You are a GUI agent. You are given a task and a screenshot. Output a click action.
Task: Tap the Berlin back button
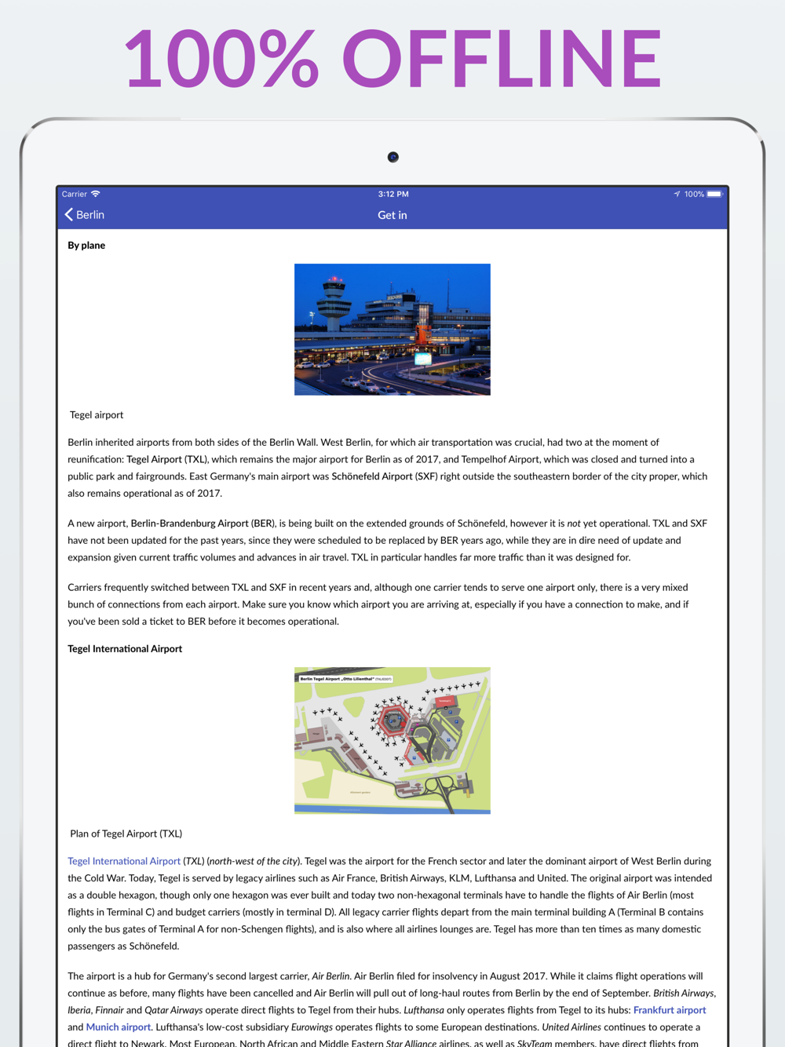click(85, 215)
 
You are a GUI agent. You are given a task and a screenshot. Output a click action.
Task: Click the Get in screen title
click(392, 215)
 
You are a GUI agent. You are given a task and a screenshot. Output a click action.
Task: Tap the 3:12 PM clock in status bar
click(393, 194)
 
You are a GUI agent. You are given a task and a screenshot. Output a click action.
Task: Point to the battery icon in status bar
click(714, 194)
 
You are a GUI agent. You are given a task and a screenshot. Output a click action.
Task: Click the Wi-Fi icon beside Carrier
click(96, 194)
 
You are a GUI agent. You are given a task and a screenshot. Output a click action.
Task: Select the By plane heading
click(86, 246)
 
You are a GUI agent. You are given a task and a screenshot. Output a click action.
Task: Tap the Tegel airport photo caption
click(97, 415)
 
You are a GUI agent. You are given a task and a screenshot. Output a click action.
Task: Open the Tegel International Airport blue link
click(124, 862)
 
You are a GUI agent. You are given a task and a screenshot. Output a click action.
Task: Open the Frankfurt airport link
click(670, 1010)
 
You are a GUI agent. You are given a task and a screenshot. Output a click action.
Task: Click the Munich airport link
click(118, 1027)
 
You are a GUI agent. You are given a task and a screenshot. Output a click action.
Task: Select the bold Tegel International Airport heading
click(125, 649)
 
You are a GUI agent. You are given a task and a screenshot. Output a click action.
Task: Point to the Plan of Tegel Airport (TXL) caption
click(126, 834)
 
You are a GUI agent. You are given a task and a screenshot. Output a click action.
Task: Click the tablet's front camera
click(393, 157)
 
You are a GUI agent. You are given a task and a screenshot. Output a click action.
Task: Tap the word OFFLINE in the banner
click(502, 59)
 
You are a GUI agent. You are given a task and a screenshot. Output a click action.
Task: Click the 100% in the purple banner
click(221, 59)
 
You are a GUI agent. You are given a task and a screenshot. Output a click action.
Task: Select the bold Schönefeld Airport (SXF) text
click(384, 476)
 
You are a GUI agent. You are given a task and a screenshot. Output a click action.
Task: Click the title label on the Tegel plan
click(346, 679)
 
